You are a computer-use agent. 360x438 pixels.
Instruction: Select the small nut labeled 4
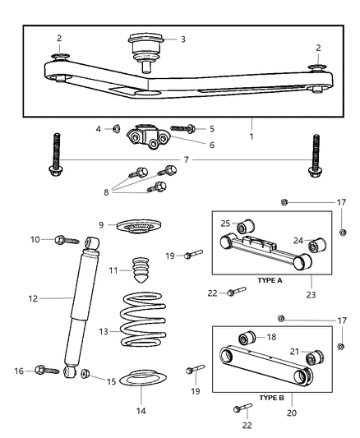(118, 128)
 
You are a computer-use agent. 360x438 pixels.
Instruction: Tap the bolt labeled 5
(182, 129)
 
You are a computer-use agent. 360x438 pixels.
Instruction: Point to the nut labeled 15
(85, 376)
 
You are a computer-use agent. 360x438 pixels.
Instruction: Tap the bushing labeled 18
(246, 339)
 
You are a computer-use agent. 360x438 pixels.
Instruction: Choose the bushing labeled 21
(312, 359)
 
